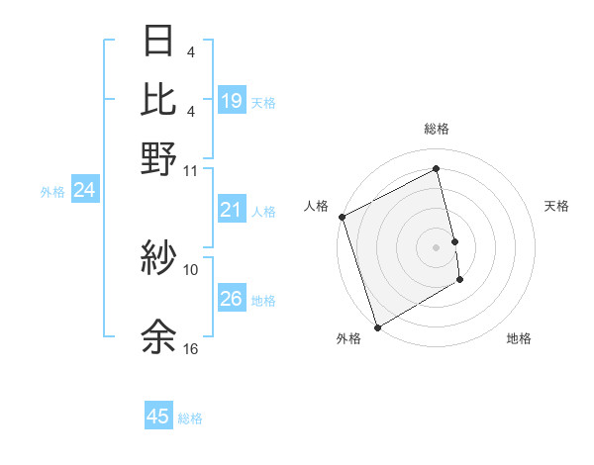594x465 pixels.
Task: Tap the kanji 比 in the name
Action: point(158,100)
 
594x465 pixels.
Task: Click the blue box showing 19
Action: point(232,100)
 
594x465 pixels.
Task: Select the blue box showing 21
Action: point(232,210)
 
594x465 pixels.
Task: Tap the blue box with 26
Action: point(232,299)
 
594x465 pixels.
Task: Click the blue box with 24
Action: point(84,191)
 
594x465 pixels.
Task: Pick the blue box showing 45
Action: point(158,417)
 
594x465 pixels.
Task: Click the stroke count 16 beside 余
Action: point(191,349)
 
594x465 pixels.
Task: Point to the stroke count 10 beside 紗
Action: point(191,268)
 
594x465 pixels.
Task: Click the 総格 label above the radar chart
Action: point(436,129)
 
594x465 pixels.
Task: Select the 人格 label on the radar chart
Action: point(317,206)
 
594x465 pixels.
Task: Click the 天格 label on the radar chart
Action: point(556,206)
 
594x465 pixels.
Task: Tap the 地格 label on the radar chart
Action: point(519,339)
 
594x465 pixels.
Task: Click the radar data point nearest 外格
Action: point(377,327)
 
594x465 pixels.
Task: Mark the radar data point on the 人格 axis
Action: point(342,217)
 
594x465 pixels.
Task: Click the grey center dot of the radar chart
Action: point(436,247)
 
